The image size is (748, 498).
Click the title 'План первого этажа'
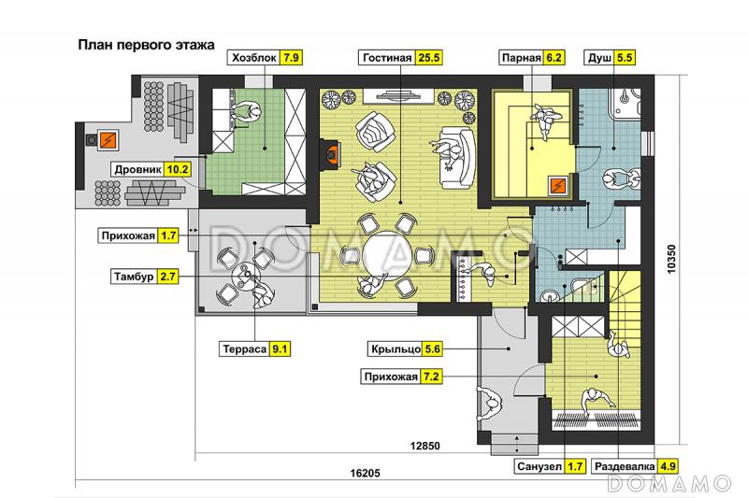coord(146,45)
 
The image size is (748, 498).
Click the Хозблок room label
coord(254,58)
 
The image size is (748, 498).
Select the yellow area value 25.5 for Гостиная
coord(429,58)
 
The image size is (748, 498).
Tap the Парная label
coord(522,58)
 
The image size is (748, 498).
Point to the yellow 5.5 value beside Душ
coord(624,58)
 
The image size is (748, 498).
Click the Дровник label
coord(137,169)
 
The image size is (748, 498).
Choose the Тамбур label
coord(134,277)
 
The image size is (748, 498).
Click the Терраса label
coord(244,349)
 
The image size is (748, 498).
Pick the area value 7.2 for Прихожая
coord(431,377)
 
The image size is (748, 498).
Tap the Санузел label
coord(539,466)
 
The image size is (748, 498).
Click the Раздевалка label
coord(624,466)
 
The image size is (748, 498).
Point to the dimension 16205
coord(365,473)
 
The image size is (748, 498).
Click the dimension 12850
coord(425,446)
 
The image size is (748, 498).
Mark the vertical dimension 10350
coord(671,259)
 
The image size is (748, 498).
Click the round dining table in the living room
coord(384,257)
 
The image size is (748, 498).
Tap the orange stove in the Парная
coord(557,185)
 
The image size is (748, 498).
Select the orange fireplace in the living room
coord(330,153)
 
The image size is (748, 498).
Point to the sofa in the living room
coord(459,157)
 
